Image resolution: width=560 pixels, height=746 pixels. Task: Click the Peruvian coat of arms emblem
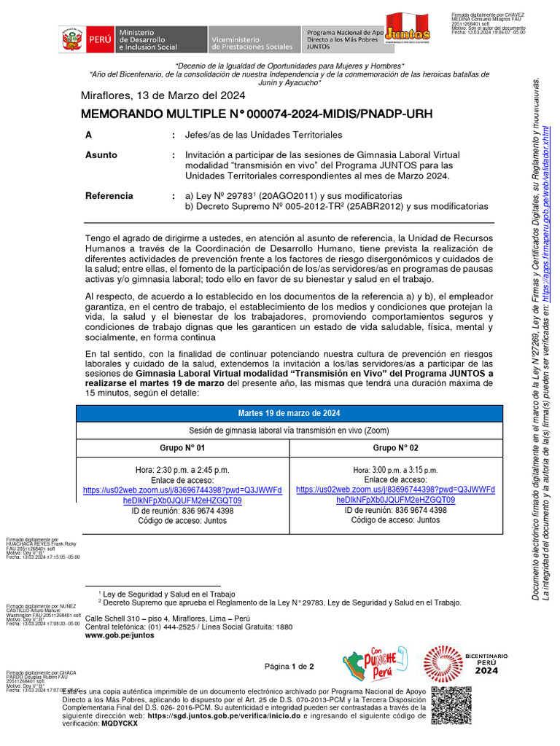tap(72, 39)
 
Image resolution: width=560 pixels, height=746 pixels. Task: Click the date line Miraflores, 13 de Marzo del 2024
tap(163, 95)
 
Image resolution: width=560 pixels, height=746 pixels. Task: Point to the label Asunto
tap(101, 155)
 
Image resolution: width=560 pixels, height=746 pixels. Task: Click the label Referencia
tap(109, 196)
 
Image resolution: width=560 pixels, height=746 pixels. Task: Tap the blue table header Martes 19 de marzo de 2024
tap(289, 414)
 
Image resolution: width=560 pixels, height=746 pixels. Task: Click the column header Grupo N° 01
tap(182, 447)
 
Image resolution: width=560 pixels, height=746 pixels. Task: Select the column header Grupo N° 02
tap(396, 447)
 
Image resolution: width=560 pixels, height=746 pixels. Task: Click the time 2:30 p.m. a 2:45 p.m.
tap(182, 470)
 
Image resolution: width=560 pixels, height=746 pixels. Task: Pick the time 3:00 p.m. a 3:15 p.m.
tap(396, 470)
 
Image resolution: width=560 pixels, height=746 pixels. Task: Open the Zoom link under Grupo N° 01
tap(182, 495)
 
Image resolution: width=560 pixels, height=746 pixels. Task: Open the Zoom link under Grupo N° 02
tap(396, 495)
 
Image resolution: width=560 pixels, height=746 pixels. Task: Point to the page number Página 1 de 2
tap(289, 667)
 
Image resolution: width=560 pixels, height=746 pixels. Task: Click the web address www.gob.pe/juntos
tap(120, 635)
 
